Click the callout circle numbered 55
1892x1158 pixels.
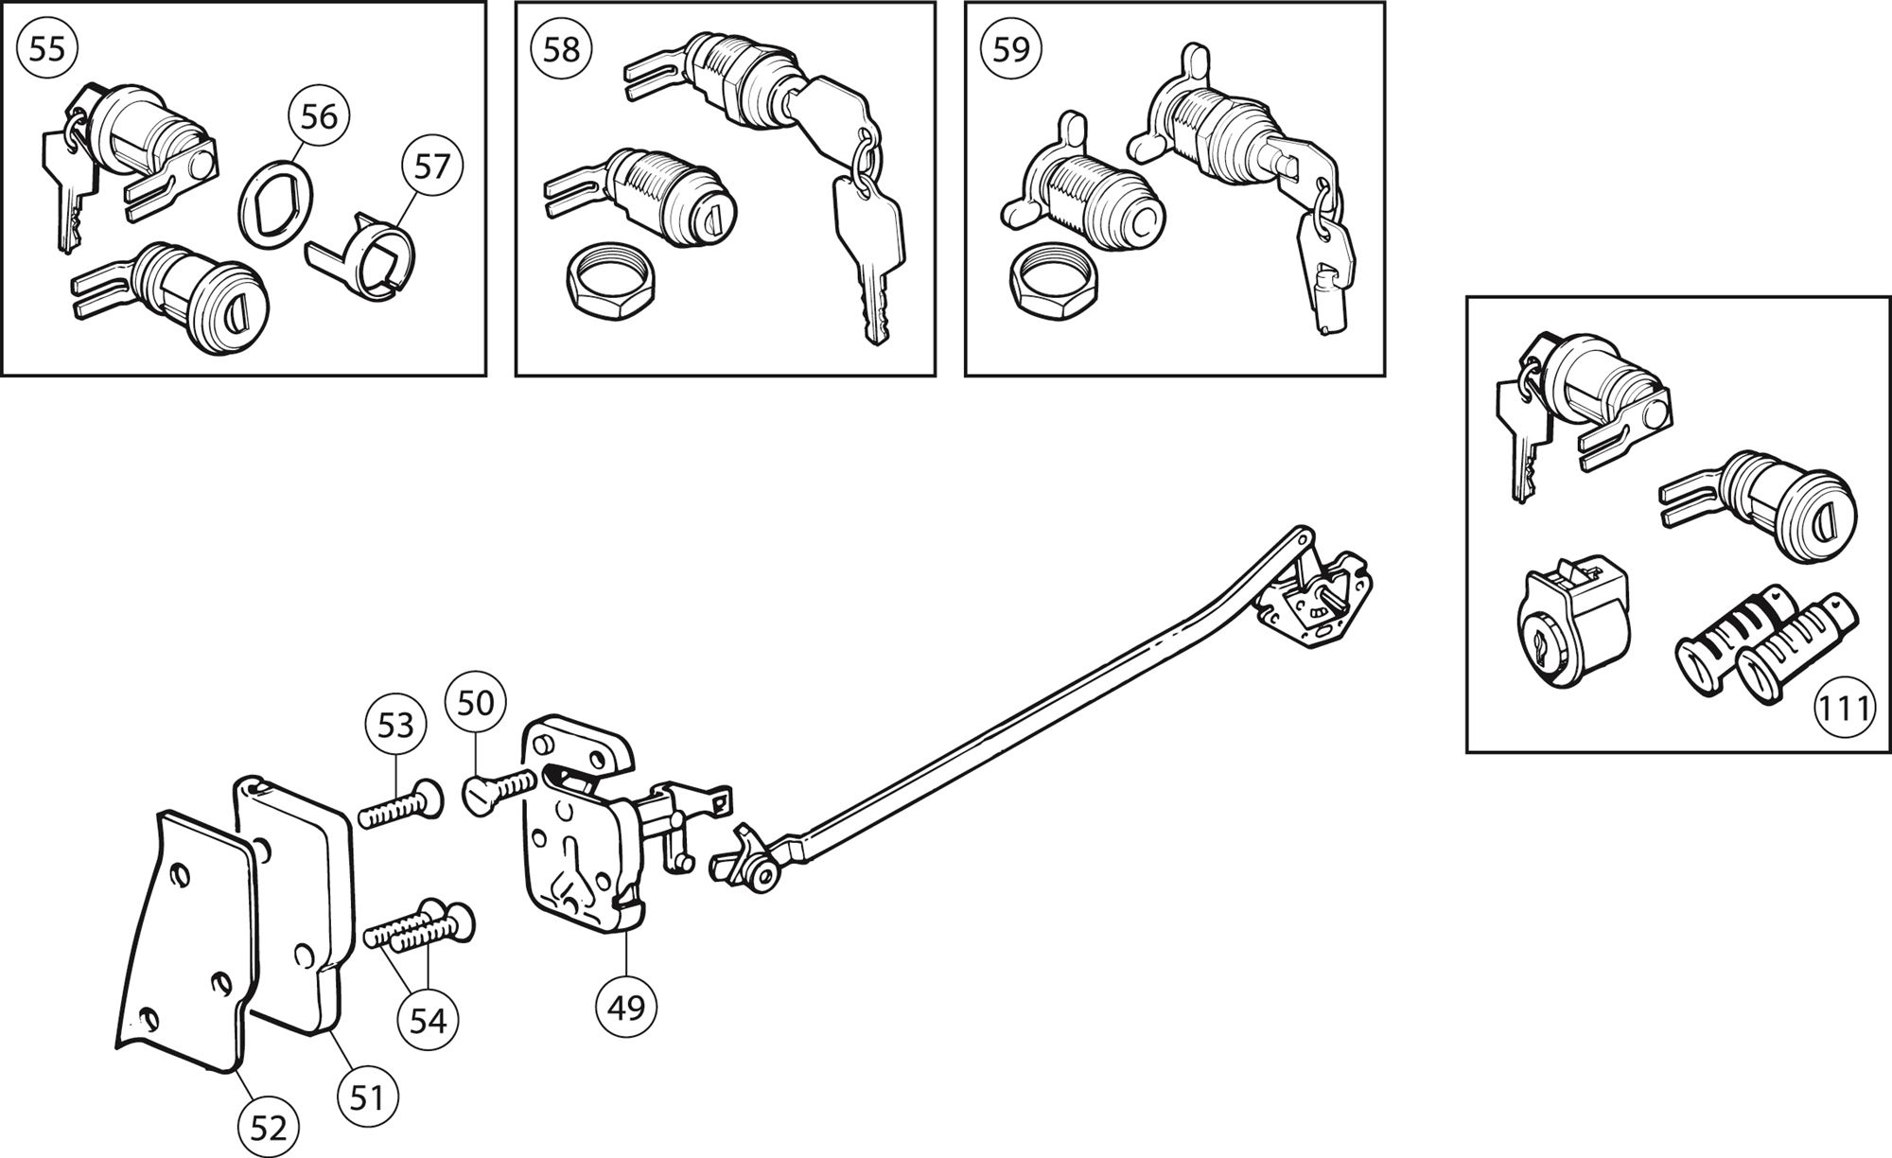pos(46,48)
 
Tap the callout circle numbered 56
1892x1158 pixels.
pos(319,116)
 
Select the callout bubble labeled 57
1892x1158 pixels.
pos(432,167)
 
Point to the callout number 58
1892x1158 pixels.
pos(561,48)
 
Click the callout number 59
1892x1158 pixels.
pos(1010,48)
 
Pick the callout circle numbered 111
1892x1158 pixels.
pos(1846,709)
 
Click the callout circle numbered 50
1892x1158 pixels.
pos(476,703)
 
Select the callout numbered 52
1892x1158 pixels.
pos(268,1128)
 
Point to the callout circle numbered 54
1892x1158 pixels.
pos(429,1022)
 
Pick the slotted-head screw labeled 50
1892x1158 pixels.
pos(499,788)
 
